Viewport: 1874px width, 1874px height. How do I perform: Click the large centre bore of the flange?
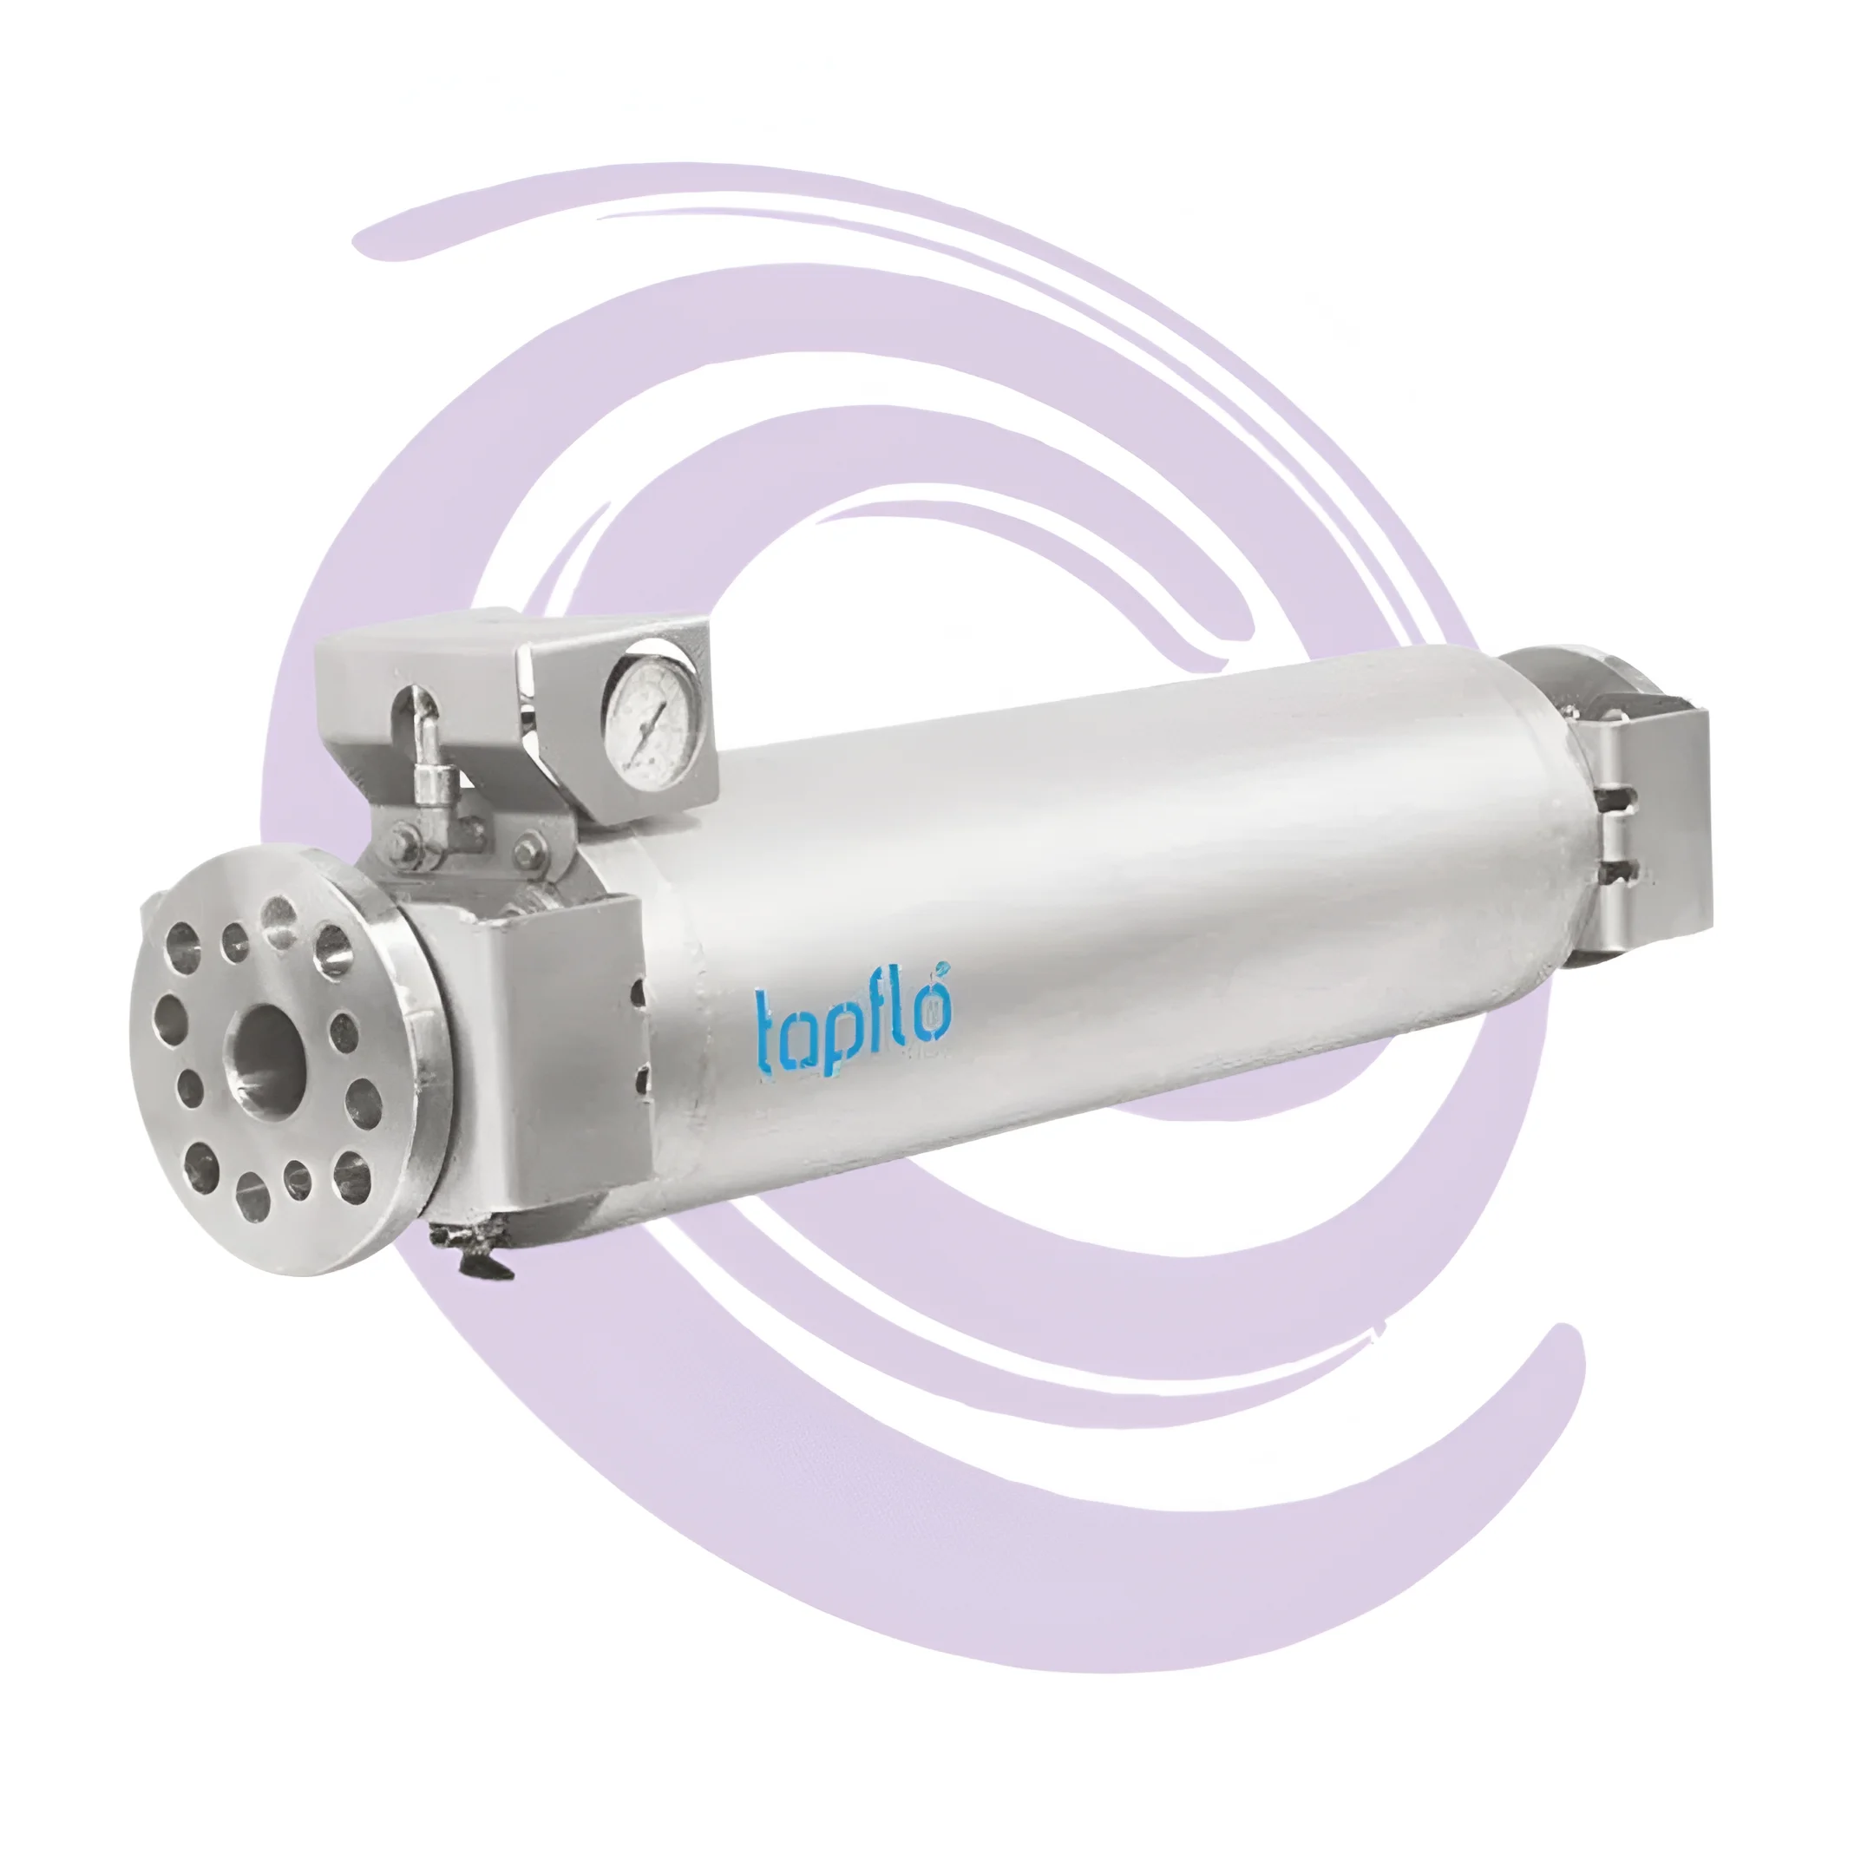point(265,1049)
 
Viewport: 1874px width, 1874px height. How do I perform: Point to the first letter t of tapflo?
point(767,1030)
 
